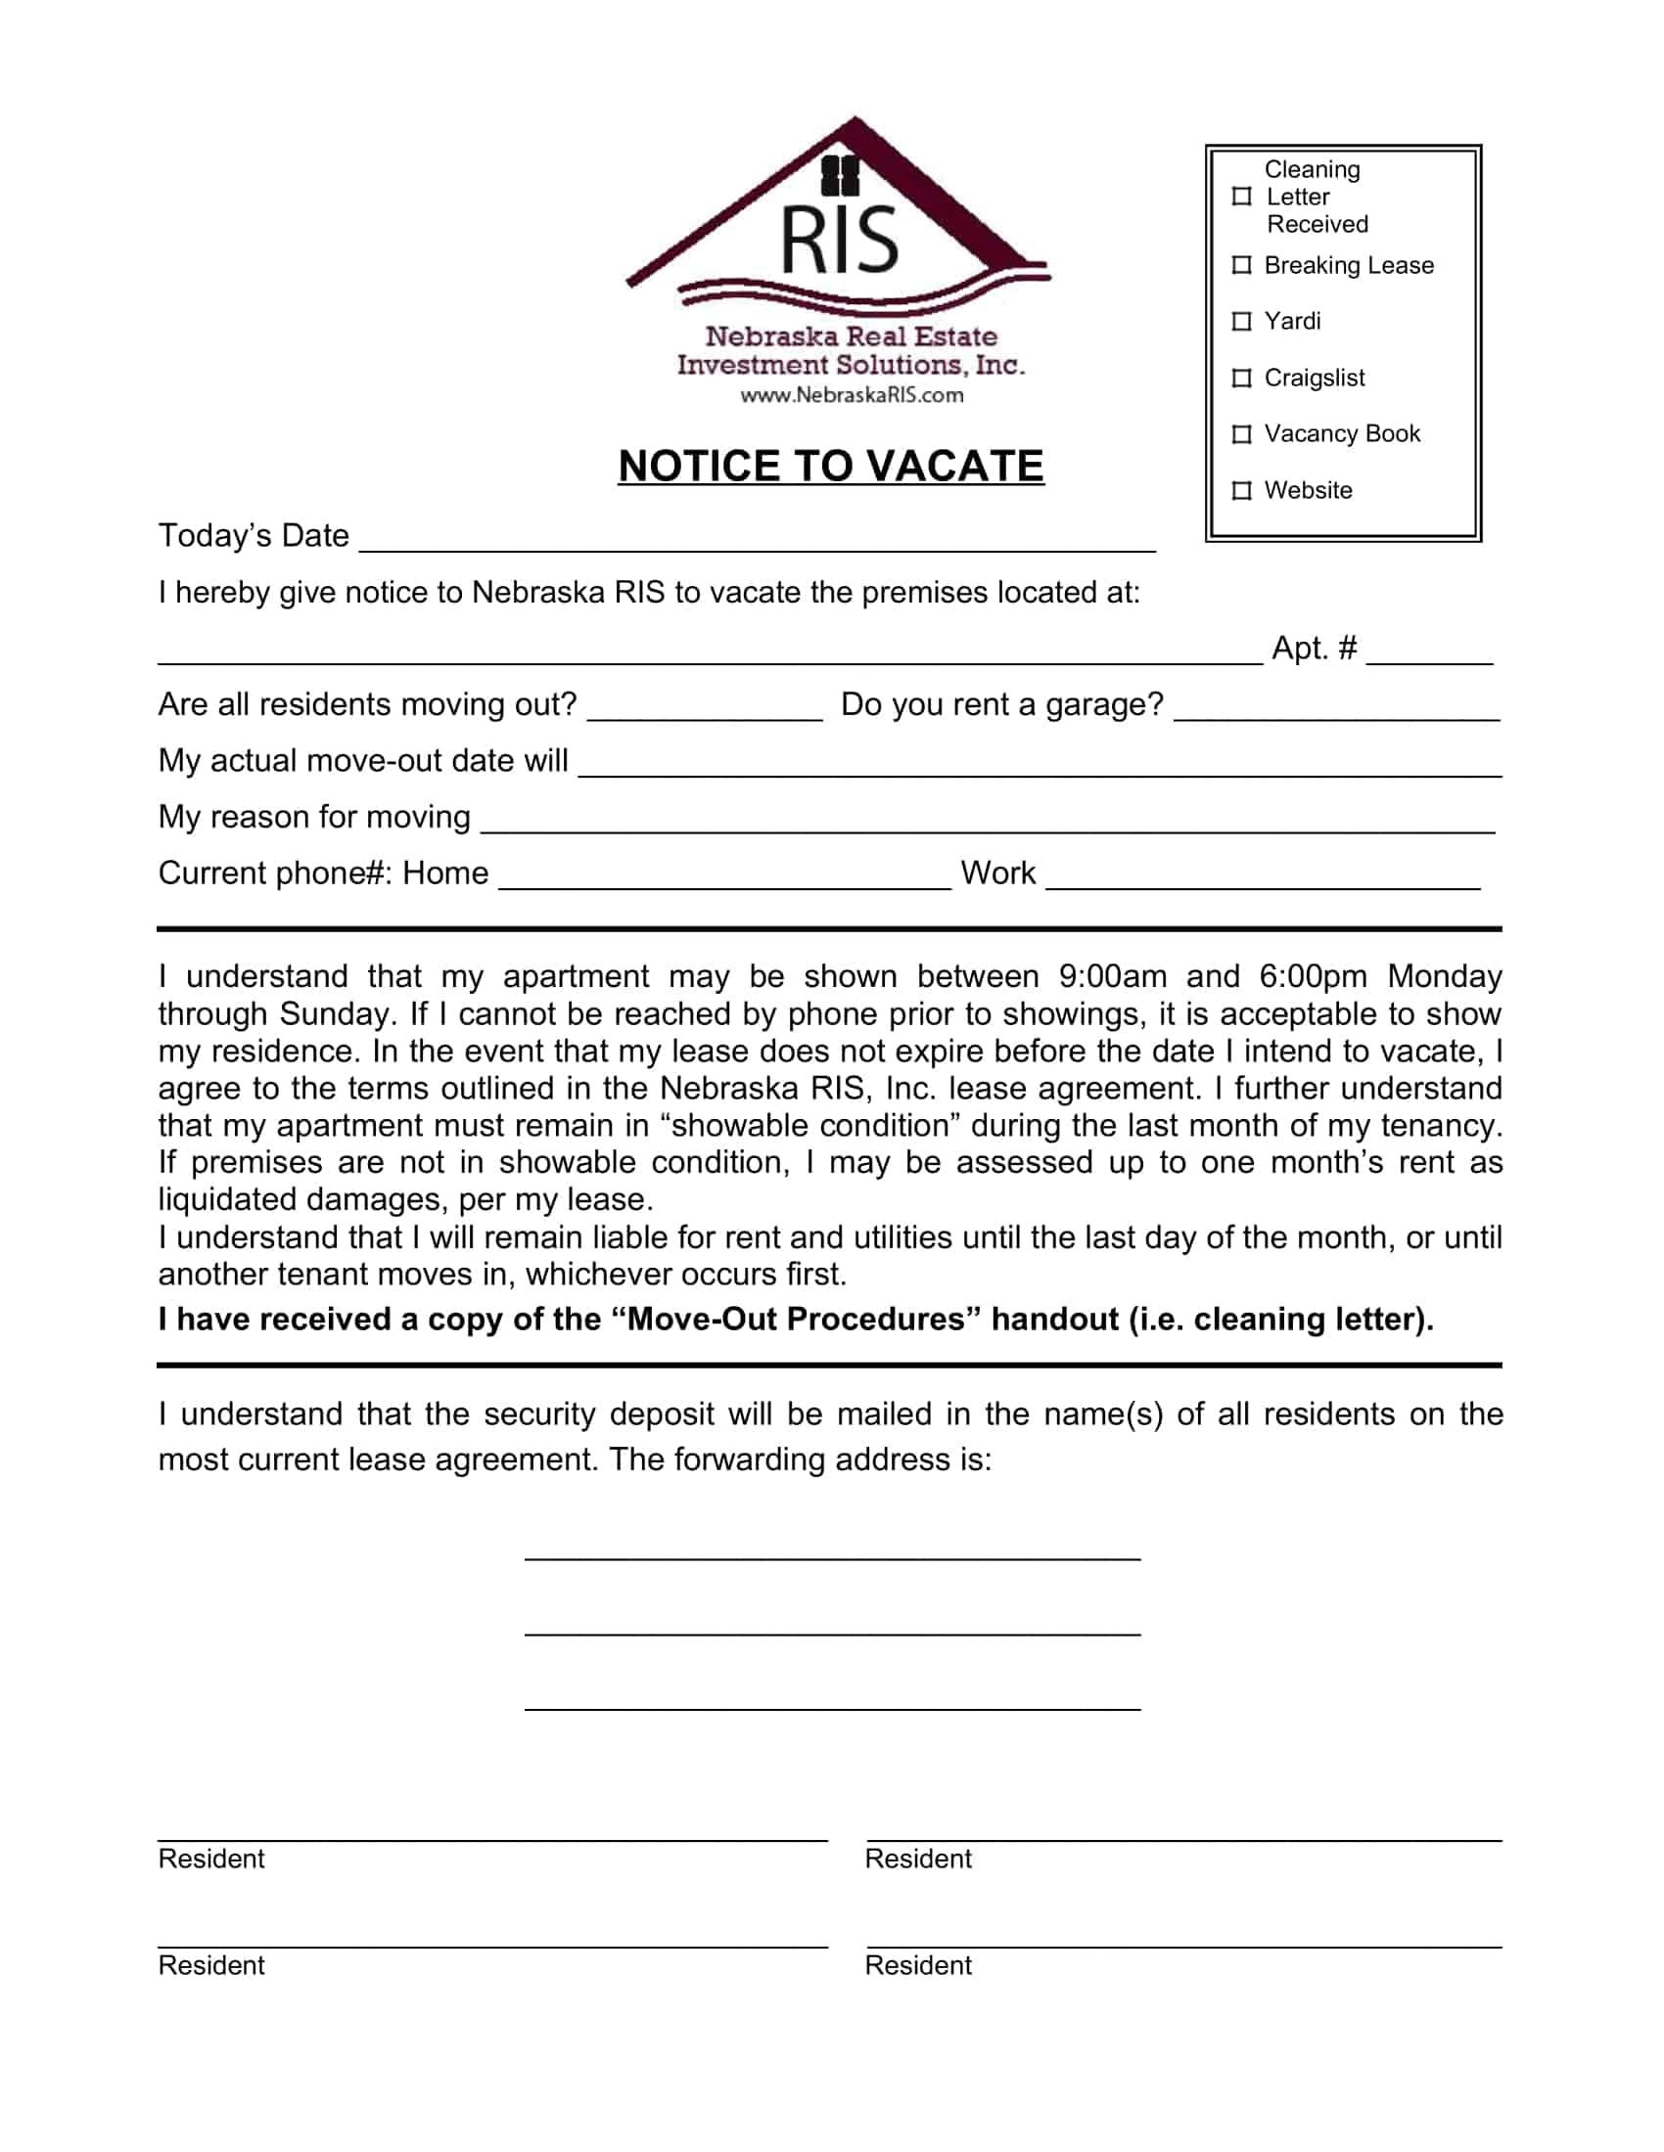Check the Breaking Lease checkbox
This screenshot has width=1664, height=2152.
click(x=1242, y=265)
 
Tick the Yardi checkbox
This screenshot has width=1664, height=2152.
click(x=1242, y=321)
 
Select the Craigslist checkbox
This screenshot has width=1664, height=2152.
click(x=1242, y=378)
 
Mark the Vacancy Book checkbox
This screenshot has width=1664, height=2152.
click(x=1242, y=433)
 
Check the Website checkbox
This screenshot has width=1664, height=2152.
click(x=1242, y=490)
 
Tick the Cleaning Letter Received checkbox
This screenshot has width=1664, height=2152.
click(x=1242, y=196)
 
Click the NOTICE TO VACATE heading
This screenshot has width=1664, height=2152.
click(x=831, y=466)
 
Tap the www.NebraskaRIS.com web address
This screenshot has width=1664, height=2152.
click(x=852, y=395)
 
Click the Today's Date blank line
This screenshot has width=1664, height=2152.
click(x=757, y=540)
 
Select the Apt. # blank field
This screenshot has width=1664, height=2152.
click(x=1429, y=652)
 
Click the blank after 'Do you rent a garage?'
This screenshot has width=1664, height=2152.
click(x=1337, y=709)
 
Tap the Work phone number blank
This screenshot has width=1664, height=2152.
click(x=1262, y=877)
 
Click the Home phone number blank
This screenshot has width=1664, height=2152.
click(x=724, y=877)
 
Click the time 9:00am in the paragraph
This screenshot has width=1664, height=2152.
click(x=1112, y=976)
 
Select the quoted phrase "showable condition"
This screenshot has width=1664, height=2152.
click(x=809, y=1125)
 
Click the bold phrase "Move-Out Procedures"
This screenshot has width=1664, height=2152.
click(x=796, y=1320)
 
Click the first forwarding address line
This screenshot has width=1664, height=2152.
click(x=832, y=1551)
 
